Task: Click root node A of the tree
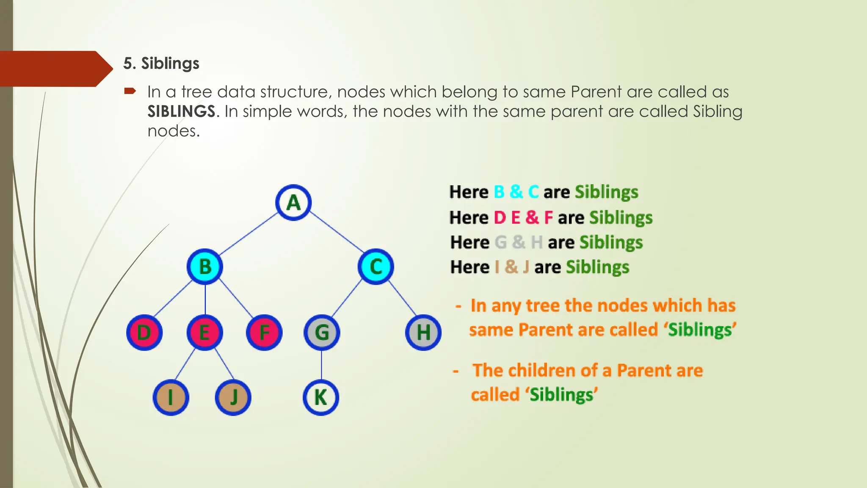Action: pyautogui.click(x=293, y=202)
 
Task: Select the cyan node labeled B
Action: pyautogui.click(x=205, y=266)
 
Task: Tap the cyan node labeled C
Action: pyautogui.click(x=376, y=266)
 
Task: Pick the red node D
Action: pyautogui.click(x=144, y=332)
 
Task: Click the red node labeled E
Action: pyautogui.click(x=204, y=332)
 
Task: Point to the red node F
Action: pyautogui.click(x=264, y=332)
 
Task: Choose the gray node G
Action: pyautogui.click(x=322, y=332)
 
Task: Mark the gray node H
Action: pyautogui.click(x=423, y=332)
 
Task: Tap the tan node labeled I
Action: pyautogui.click(x=171, y=397)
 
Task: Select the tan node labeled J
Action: pyautogui.click(x=233, y=397)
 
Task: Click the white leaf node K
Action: pyautogui.click(x=321, y=397)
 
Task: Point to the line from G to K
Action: pyautogui.click(x=321, y=365)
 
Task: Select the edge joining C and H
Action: pyautogui.click(x=402, y=299)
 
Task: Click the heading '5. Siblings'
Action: pyautogui.click(x=161, y=64)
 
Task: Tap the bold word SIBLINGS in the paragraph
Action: pyautogui.click(x=181, y=111)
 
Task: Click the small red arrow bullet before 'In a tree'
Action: pyautogui.click(x=130, y=91)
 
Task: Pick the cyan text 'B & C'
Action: pyautogui.click(x=516, y=192)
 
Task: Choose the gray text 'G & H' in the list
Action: pyautogui.click(x=519, y=242)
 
